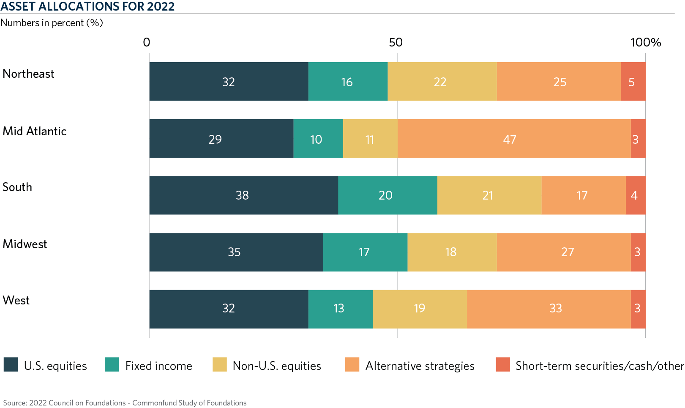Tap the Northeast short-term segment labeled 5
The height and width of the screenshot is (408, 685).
pyautogui.click(x=633, y=82)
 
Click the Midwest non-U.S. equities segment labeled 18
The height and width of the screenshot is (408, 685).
pyautogui.click(x=452, y=252)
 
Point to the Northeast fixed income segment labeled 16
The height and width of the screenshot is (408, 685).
pyautogui.click(x=347, y=82)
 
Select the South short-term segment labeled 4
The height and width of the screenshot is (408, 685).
pyautogui.click(x=635, y=195)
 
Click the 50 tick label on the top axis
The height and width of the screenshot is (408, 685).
pyautogui.click(x=396, y=42)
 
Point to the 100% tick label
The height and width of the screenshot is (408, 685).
pyautogui.click(x=645, y=42)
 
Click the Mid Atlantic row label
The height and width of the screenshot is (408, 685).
pyautogui.click(x=35, y=131)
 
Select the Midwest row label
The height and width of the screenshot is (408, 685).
pyautogui.click(x=25, y=244)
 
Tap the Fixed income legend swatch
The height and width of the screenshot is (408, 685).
pyautogui.click(x=112, y=364)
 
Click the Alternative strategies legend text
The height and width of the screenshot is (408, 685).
pyautogui.click(x=420, y=366)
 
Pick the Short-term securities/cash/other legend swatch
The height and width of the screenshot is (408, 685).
pyautogui.click(x=503, y=364)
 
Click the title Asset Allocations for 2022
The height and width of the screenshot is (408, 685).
pyautogui.click(x=87, y=6)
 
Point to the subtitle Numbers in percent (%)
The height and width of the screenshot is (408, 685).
pyautogui.click(x=52, y=23)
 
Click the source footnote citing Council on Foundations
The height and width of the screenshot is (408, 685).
pyautogui.click(x=125, y=403)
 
